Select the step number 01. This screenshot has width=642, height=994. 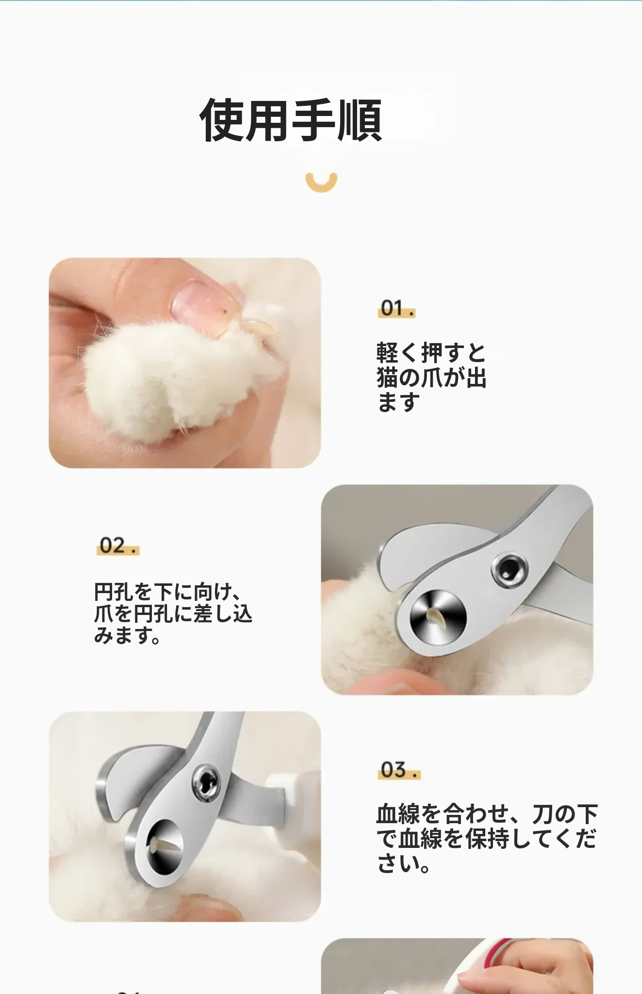[x=396, y=308]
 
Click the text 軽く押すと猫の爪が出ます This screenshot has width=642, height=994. [x=431, y=377]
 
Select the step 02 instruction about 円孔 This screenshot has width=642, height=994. [x=173, y=613]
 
